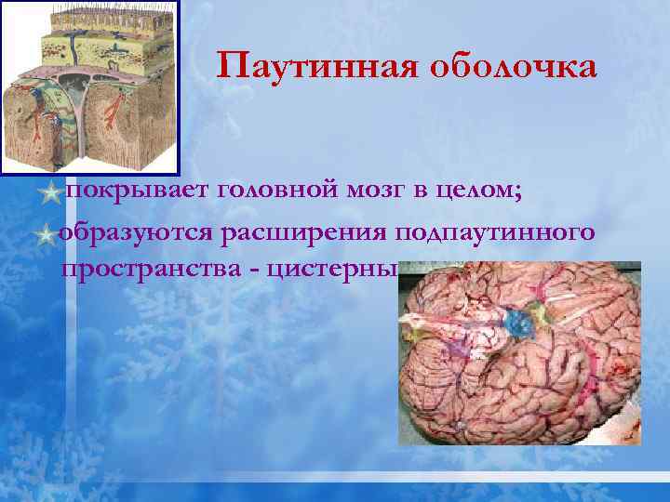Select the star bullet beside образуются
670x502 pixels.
tap(47, 234)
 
